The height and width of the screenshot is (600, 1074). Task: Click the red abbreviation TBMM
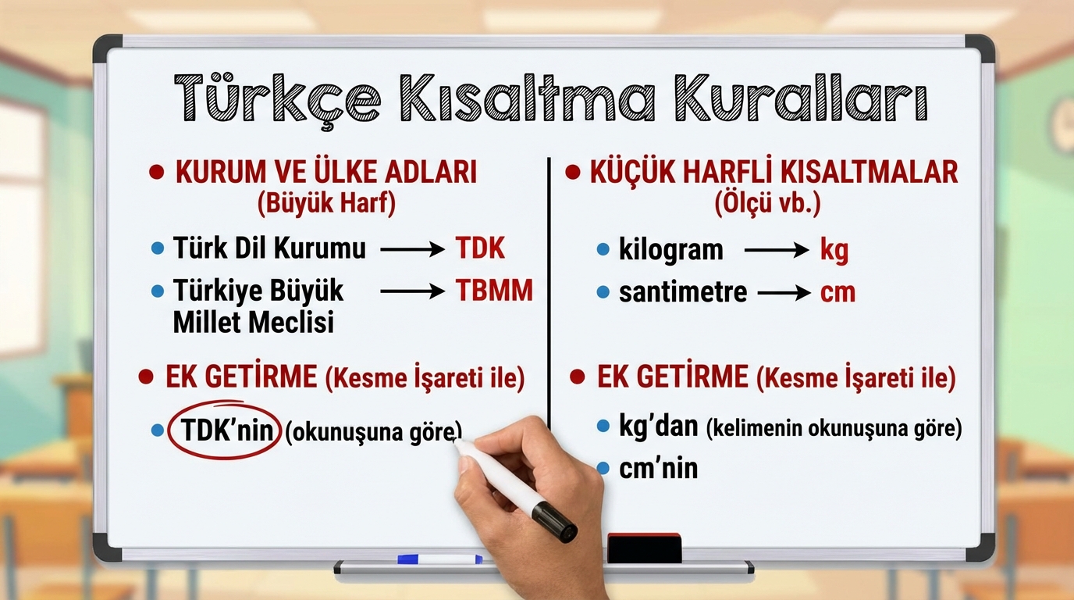point(494,291)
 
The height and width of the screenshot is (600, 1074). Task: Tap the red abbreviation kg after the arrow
point(834,251)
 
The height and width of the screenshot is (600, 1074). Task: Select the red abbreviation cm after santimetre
point(838,293)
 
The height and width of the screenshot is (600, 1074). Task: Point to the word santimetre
point(683,292)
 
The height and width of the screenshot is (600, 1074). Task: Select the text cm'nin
point(658,469)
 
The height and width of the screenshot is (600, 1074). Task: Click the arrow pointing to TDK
point(412,249)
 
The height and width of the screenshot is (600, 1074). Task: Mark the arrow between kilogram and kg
point(777,250)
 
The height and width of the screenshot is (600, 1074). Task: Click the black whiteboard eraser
point(645,548)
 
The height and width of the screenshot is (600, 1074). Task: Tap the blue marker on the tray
point(439,559)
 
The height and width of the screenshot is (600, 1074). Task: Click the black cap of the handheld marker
point(554,522)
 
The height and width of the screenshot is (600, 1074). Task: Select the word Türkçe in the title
point(278,99)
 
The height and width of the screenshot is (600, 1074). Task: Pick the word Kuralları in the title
point(801,98)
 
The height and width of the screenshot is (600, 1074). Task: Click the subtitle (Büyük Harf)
point(326,204)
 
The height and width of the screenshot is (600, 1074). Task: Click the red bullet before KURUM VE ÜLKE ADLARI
point(157,172)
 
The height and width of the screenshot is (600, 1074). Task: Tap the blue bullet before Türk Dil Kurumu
point(158,248)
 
